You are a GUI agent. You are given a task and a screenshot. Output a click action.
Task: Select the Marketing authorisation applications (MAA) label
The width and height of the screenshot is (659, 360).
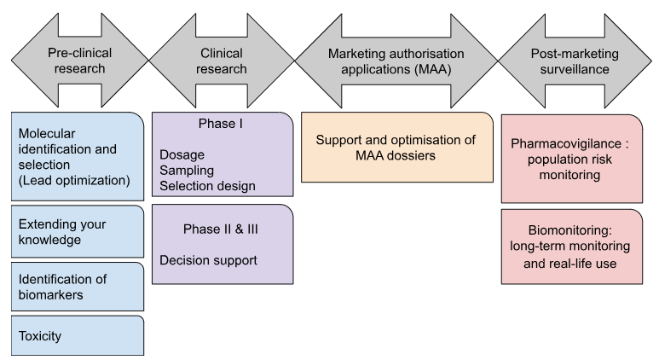tap(396, 61)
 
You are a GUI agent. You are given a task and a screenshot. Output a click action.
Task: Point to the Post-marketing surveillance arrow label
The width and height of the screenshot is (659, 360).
tap(568, 61)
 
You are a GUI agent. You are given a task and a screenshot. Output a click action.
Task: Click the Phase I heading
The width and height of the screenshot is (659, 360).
tap(221, 125)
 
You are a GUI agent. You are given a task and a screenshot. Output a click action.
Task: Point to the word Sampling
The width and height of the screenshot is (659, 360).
tap(187, 170)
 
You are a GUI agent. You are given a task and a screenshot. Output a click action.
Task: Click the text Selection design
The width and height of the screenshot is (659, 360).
tap(207, 186)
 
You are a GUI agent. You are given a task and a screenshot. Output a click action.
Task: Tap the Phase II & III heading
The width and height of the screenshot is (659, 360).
tap(221, 229)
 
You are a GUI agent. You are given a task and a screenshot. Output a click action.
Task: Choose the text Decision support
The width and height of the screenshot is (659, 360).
tap(208, 259)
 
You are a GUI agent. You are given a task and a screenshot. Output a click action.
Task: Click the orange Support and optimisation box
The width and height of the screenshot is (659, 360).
tap(396, 147)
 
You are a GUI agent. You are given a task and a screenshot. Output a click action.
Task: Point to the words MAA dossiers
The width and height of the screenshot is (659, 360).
tap(396, 156)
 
